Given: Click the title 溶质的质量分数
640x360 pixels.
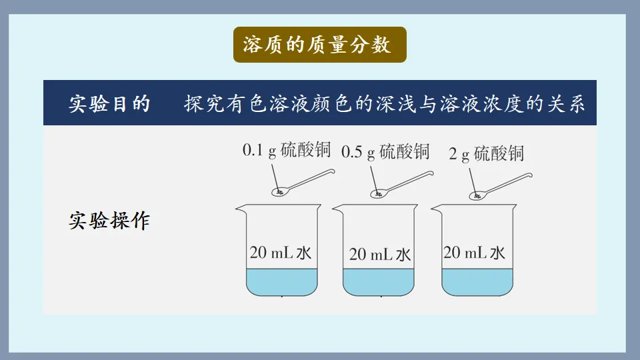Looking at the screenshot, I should (319, 45).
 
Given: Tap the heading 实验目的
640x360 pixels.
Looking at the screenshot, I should (110, 105).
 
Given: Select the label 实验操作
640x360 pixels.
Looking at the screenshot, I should (110, 221).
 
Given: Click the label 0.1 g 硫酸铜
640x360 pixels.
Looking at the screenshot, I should (287, 151).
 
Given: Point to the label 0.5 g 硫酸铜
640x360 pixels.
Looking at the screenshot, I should (385, 152).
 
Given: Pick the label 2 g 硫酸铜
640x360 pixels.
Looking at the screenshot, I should (487, 155).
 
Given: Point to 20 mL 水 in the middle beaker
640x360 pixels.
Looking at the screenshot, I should (380, 255).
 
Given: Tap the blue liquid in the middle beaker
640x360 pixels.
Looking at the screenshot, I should (379, 283).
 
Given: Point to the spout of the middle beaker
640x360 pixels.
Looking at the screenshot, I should (337, 210).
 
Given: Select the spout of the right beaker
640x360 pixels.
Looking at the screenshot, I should (435, 209).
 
